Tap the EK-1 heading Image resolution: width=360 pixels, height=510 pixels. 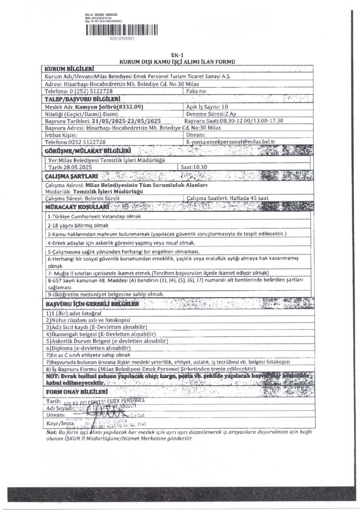click(x=177, y=55)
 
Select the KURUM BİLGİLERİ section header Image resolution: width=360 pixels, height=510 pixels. click(x=69, y=69)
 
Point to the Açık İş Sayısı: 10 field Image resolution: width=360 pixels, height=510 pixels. click(x=207, y=107)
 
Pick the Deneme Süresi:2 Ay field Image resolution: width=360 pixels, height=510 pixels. click(x=211, y=114)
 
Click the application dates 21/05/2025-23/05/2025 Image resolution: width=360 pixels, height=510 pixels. click(x=126, y=121)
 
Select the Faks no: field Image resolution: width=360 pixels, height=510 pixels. click(x=197, y=91)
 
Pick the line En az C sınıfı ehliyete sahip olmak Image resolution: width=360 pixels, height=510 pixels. click(x=88, y=355)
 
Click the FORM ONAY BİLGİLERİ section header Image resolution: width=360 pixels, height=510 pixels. click(x=76, y=391)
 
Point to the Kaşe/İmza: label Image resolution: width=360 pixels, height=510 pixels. click(x=61, y=424)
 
